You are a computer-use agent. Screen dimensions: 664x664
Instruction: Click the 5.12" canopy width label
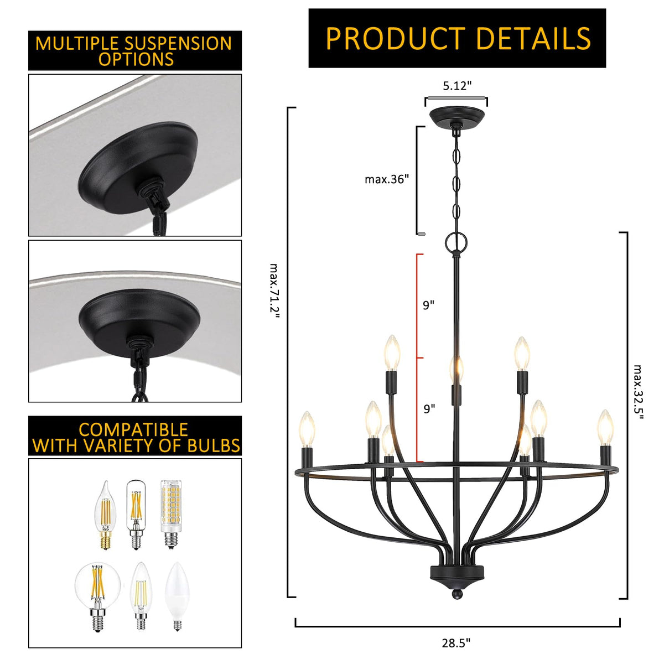click(457, 86)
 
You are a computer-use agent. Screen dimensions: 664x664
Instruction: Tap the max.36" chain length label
click(387, 179)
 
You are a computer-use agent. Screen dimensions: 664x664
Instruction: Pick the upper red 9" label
click(429, 304)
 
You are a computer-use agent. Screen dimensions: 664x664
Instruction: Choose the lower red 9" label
click(429, 409)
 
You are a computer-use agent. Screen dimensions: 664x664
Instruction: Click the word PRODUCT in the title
click(396, 38)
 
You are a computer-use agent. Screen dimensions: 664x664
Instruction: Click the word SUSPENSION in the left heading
click(178, 43)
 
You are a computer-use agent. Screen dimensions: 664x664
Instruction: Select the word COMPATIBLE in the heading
click(133, 430)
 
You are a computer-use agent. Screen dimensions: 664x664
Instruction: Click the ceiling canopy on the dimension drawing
click(456, 117)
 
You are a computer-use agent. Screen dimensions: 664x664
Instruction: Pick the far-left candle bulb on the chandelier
click(307, 429)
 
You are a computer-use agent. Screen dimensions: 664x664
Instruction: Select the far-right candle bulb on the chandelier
click(605, 428)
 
